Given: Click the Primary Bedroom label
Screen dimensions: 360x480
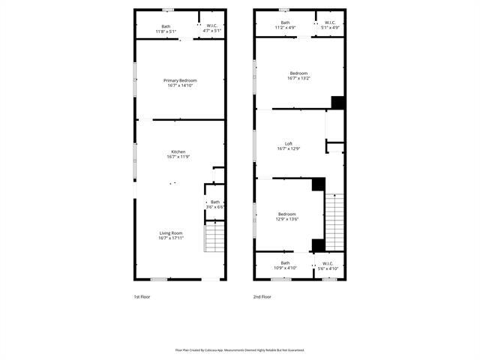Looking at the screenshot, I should [181, 79].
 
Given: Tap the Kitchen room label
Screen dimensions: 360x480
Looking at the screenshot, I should [178, 152].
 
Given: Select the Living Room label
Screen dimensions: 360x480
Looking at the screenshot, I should [171, 233].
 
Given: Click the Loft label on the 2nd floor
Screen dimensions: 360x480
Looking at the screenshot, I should [288, 144].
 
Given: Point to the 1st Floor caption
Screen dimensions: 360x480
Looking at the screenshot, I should [142, 297].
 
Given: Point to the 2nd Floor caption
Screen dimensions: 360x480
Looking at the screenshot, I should [262, 297].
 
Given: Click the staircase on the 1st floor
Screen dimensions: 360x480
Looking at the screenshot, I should [214, 238].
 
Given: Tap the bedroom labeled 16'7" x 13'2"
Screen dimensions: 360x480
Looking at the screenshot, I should [298, 75].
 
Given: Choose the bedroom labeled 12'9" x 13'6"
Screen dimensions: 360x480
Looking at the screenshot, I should [288, 216].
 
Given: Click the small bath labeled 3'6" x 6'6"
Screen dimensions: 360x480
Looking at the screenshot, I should [215, 204].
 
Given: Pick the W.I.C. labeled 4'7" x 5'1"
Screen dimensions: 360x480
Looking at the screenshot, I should [212, 28].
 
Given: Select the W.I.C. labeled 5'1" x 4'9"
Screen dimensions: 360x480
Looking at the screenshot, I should [331, 25].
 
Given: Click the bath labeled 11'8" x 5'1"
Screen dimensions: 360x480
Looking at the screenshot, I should [165, 28].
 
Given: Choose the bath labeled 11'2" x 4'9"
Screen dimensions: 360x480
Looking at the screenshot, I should [285, 25].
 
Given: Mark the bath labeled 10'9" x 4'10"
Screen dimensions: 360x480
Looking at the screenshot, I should [285, 265].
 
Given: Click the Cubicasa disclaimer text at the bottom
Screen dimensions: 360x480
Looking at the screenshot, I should [240, 349].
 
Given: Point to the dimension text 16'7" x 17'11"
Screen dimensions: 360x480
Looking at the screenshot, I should [171, 238].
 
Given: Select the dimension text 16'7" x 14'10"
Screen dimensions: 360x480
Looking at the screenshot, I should [181, 85].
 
